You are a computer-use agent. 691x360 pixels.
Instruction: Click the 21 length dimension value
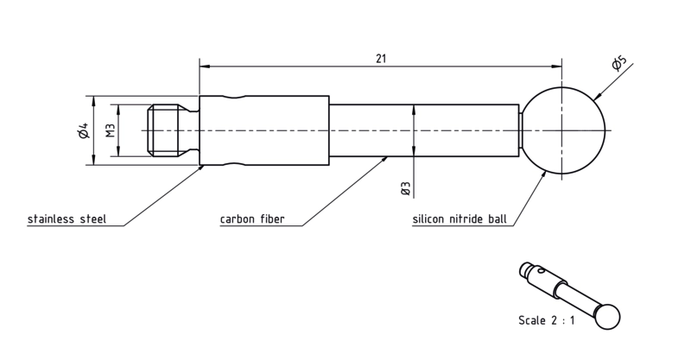pyautogui.click(x=381, y=59)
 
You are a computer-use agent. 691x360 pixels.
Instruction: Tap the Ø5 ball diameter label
pyautogui.click(x=618, y=63)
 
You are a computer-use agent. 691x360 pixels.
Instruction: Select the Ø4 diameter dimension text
pyautogui.click(x=83, y=130)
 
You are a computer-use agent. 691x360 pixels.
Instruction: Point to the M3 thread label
pyautogui.click(x=111, y=130)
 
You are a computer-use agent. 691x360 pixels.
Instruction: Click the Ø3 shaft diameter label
pyautogui.click(x=406, y=188)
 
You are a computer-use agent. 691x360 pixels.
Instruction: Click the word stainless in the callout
pyautogui.click(x=52, y=219)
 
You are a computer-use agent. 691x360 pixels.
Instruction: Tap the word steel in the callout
pyautogui.click(x=93, y=219)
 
